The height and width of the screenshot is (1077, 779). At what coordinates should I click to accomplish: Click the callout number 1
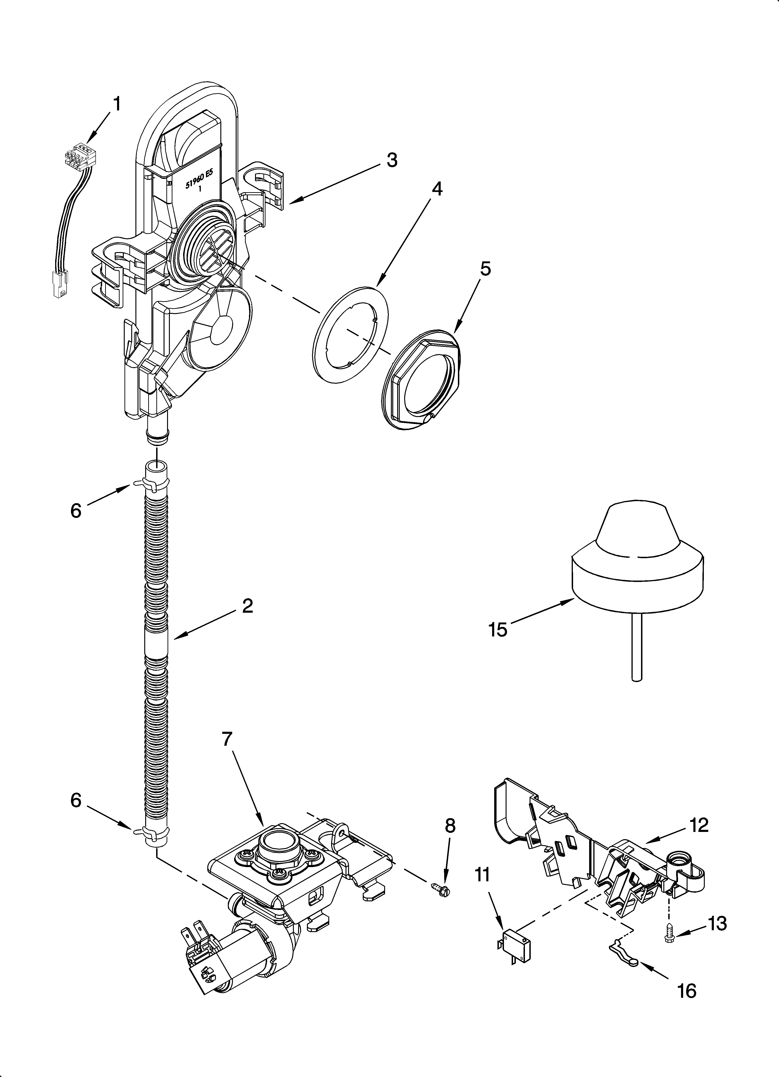pos(116,103)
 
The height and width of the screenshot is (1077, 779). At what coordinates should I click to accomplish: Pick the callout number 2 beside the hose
pos(247,606)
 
